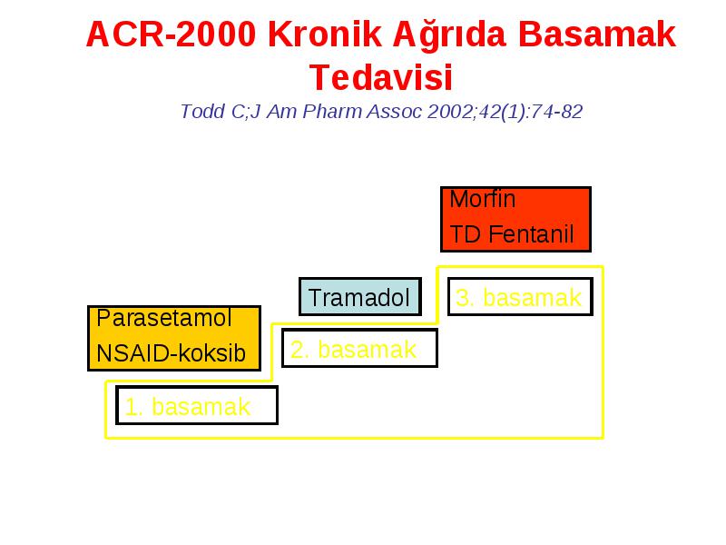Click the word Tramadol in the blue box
(358, 298)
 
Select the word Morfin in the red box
(483, 199)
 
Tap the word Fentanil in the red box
(531, 234)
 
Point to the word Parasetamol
(164, 318)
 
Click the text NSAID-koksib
(171, 353)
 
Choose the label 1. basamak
(188, 407)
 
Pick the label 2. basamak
(353, 350)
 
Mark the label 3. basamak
(518, 298)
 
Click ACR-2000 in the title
(171, 35)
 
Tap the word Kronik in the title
(325, 35)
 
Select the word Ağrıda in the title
(449, 36)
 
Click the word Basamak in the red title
(597, 35)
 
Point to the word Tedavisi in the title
(381, 77)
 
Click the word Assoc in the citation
(395, 112)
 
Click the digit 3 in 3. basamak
(463, 298)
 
